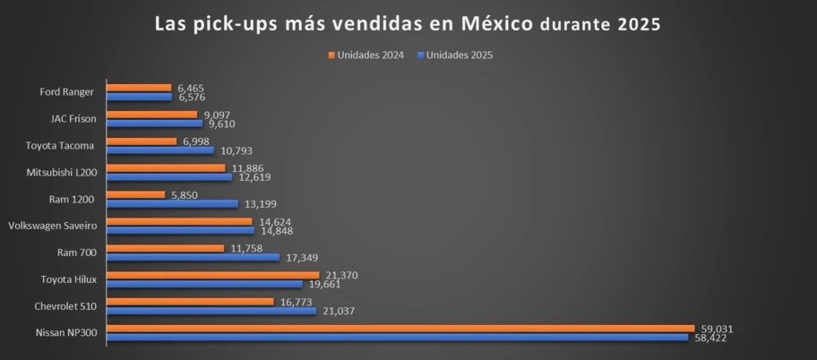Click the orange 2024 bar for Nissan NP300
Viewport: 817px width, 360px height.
(x=400, y=329)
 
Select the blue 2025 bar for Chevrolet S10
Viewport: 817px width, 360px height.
(x=211, y=311)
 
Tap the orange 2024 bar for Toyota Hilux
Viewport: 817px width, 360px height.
(x=212, y=275)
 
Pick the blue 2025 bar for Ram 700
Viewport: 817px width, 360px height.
(x=193, y=257)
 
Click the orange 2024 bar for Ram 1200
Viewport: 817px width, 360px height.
(x=135, y=194)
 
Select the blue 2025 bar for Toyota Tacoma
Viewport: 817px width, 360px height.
(x=160, y=150)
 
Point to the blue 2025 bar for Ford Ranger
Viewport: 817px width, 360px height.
(x=139, y=97)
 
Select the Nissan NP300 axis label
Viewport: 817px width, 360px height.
(x=68, y=333)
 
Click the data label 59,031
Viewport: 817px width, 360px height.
(x=714, y=329)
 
